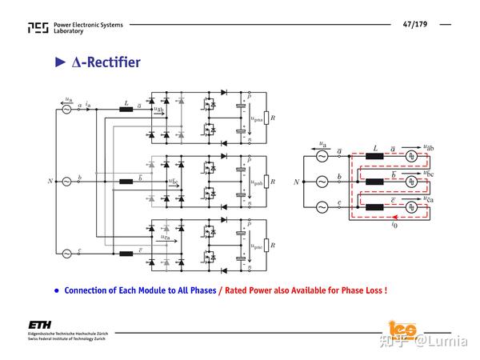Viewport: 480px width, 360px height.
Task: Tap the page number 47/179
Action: (415, 25)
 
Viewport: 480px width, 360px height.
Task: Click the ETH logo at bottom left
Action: (39, 325)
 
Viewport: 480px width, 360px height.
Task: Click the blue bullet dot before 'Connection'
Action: (57, 290)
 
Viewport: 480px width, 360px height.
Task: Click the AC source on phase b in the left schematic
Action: (66, 182)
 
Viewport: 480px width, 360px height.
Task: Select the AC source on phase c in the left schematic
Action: (66, 254)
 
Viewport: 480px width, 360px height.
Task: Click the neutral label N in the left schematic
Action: (50, 182)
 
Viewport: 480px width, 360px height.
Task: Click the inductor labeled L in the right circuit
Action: (374, 156)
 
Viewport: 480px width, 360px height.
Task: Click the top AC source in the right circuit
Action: (323, 156)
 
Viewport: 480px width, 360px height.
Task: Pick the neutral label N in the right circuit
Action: (297, 182)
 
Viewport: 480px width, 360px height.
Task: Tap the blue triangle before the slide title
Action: (58, 62)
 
